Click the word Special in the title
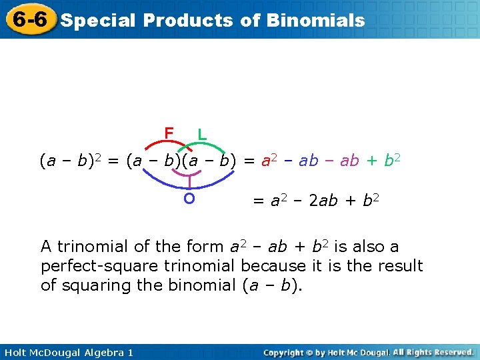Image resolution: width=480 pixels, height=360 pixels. coord(98,20)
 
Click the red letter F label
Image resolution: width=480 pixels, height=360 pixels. coord(169,133)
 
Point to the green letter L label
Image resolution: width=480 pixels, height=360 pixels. coord(201,134)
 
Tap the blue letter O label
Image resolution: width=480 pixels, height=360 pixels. coord(189,198)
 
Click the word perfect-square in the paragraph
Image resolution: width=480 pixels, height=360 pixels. coord(97,266)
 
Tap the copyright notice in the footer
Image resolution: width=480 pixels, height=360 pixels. coord(368,352)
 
